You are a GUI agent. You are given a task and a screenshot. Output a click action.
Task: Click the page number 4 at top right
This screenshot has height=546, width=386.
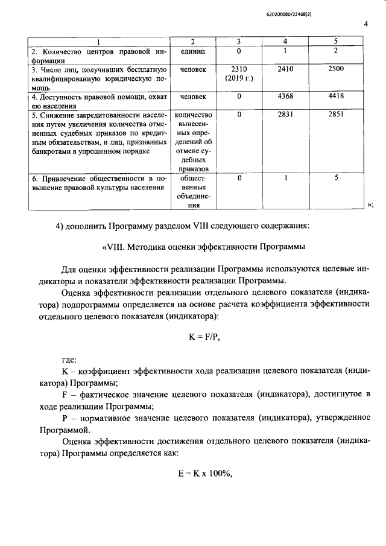(x=366, y=24)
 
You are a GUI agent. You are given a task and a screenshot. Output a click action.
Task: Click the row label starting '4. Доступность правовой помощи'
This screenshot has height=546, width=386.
(x=98, y=101)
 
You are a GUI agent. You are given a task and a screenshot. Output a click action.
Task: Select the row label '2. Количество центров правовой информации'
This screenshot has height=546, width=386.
(x=98, y=56)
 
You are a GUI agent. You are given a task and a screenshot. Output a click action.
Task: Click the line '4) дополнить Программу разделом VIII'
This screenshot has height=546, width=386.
(x=182, y=226)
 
